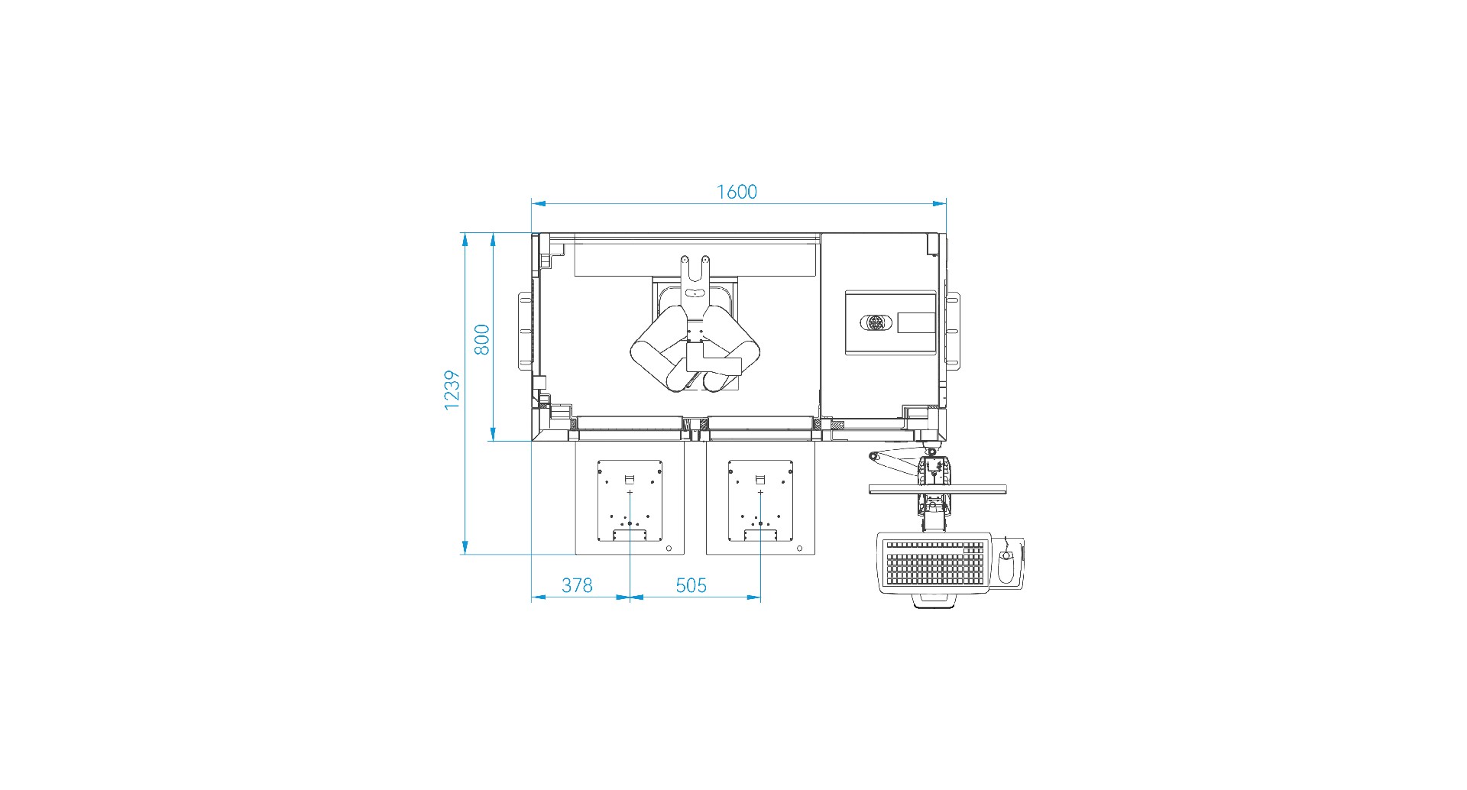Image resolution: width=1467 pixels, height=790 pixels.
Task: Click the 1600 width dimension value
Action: tap(737, 192)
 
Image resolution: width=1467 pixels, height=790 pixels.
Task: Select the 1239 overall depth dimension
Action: tap(452, 390)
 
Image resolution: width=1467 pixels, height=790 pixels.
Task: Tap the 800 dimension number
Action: tap(481, 339)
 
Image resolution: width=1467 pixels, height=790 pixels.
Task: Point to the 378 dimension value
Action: tap(577, 585)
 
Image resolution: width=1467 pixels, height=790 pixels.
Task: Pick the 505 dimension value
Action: tap(691, 585)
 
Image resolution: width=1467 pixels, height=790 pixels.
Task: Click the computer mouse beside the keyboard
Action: tap(1007, 566)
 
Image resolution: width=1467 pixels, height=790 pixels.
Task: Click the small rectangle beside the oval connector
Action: tap(916, 322)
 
